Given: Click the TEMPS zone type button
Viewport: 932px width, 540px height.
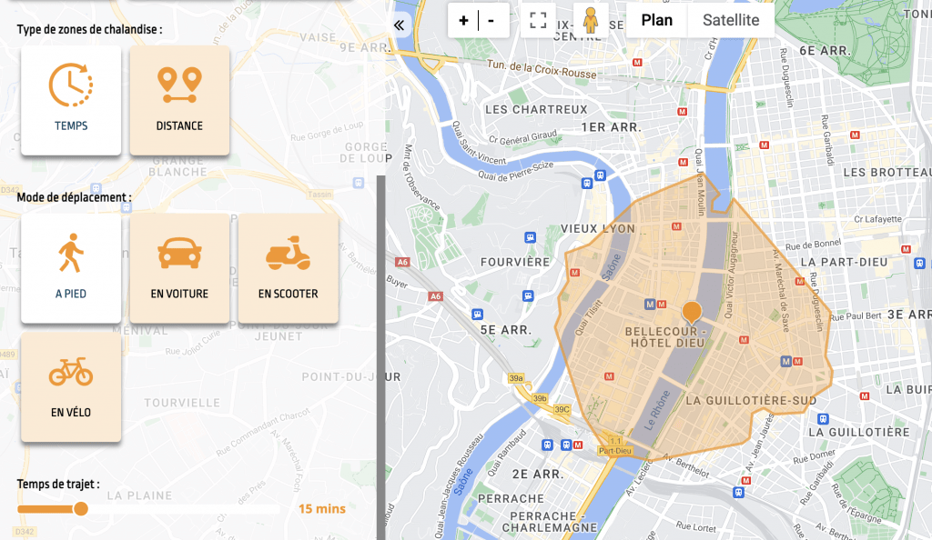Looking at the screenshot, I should (x=71, y=100).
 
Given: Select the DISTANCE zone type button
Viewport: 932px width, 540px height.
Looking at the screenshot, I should (x=179, y=100).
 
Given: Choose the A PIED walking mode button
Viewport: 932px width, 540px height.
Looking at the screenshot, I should (x=71, y=267).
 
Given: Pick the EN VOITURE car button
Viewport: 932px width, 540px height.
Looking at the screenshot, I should (x=179, y=267).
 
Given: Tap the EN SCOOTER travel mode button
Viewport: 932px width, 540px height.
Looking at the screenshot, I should (x=288, y=267).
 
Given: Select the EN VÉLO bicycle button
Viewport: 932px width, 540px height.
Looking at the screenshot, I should (x=71, y=386).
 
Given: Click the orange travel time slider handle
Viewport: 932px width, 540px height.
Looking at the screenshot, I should (x=81, y=509).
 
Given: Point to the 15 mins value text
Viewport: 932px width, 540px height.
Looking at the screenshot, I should (x=322, y=509).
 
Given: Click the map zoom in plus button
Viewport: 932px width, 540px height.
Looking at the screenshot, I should (x=463, y=20).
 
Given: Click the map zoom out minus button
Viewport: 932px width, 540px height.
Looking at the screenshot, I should (x=491, y=20).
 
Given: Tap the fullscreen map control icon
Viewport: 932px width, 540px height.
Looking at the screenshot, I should (x=538, y=20).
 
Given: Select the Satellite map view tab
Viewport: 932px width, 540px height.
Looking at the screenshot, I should (x=731, y=20).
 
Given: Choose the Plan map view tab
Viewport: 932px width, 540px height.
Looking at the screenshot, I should (x=657, y=20).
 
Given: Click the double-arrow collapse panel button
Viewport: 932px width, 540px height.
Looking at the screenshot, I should (x=399, y=25).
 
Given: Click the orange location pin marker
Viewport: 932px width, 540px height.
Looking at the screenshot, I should (x=693, y=313).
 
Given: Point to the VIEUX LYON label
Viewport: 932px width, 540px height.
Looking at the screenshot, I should (x=598, y=228).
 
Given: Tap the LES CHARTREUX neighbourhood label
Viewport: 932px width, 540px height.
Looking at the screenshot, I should (x=536, y=109).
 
